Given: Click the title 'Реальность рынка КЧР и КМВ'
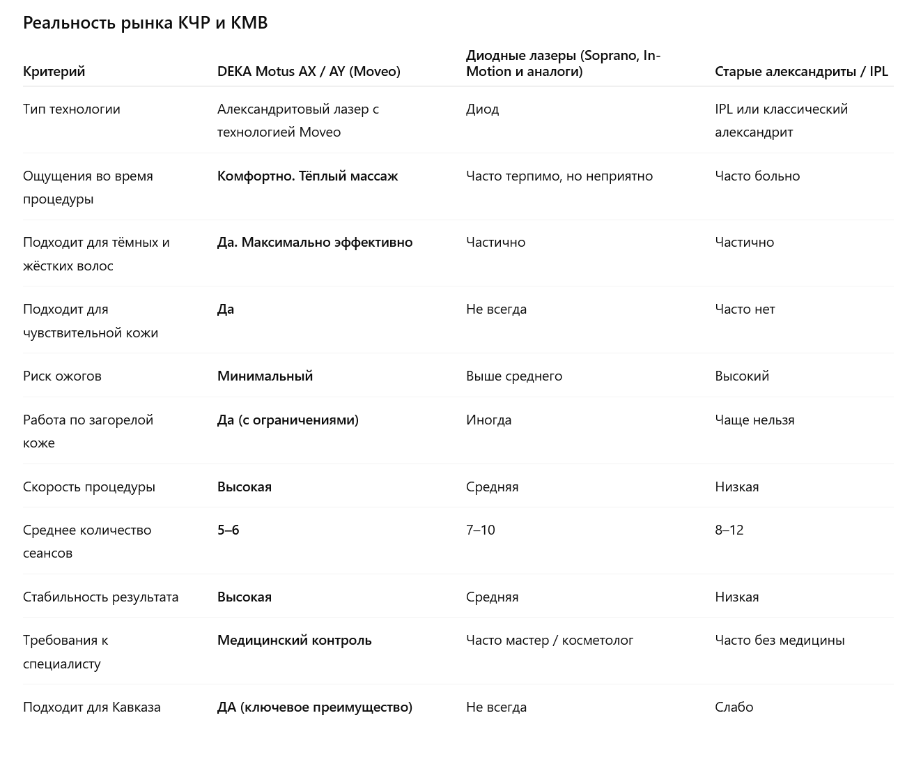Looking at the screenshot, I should (145, 23).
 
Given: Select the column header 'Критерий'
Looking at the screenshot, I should (54, 71).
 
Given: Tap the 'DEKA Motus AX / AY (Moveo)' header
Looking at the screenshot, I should (309, 71).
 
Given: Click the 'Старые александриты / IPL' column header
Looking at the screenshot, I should (801, 71).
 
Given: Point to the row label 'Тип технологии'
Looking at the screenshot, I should (71, 109).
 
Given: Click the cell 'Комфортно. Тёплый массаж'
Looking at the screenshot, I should (307, 176).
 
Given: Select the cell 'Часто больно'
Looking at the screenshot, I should (757, 176).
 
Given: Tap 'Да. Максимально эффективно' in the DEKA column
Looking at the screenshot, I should (315, 242).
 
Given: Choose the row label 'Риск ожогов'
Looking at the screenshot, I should (62, 376).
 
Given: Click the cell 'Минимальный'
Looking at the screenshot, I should (265, 376).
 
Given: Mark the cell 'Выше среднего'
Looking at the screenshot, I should (514, 376).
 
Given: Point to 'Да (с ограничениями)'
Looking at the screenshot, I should (288, 420).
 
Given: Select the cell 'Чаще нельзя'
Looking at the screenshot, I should (754, 420).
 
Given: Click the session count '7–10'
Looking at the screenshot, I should (480, 530).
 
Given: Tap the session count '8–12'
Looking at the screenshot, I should (729, 530).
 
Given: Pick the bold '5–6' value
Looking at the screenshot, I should (228, 530).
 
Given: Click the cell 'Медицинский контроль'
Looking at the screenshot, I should (294, 640).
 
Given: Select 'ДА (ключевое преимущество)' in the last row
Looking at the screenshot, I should (315, 707).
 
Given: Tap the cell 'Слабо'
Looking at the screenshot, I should (734, 707).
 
